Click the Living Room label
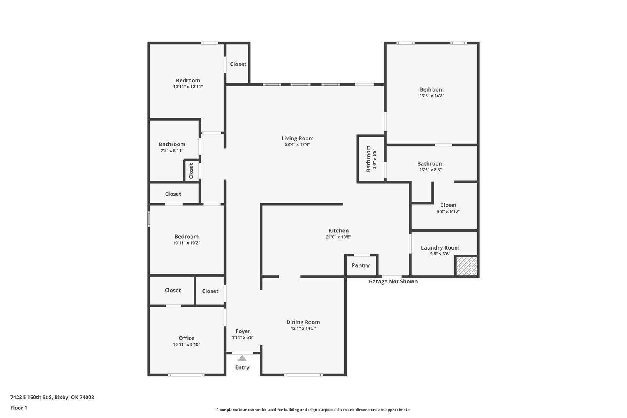point(297,138)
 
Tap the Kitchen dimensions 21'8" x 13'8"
point(339,237)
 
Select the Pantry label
point(360,265)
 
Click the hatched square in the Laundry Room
point(467,266)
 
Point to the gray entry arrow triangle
point(242,358)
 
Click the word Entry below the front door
point(242,367)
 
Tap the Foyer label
point(243,331)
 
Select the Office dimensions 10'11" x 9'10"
point(186,344)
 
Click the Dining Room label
point(303,322)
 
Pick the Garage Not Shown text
point(393,281)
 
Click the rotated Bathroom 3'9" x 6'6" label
point(371,159)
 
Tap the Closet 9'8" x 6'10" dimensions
point(448,212)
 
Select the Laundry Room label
point(440,248)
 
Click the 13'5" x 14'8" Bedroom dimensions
point(432,96)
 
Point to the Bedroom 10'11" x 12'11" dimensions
point(188,87)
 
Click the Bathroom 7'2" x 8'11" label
point(172,145)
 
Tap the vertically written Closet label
point(191,171)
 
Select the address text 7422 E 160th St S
point(31,397)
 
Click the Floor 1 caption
point(19,408)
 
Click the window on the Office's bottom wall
point(186,375)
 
